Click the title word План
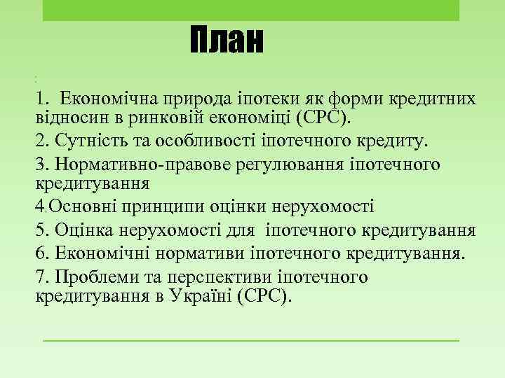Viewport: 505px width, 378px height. (x=226, y=42)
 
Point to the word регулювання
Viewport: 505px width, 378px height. (x=269, y=164)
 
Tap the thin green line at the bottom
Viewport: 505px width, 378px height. (x=250, y=341)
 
